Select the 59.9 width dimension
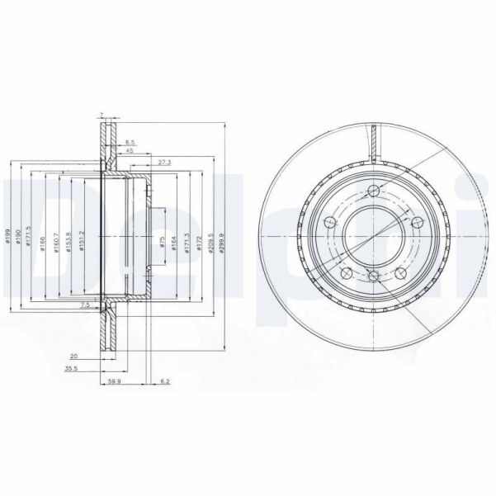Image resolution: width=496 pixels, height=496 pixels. click(x=116, y=382)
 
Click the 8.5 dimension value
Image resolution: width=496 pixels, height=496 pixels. click(x=131, y=143)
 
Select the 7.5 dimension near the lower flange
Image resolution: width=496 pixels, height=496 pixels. click(x=86, y=305)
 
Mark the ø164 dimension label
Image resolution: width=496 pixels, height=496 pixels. click(x=175, y=243)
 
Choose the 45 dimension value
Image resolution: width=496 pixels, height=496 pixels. click(x=130, y=152)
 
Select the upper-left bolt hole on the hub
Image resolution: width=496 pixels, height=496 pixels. click(x=329, y=221)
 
